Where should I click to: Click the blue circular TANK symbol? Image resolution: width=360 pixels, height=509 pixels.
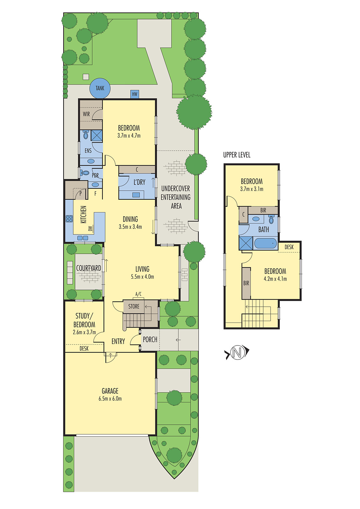point(100,88)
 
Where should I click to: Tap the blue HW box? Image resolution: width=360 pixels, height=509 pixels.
point(135,94)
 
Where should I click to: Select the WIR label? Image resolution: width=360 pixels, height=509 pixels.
point(86,114)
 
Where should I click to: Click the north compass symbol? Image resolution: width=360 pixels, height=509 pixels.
point(236,352)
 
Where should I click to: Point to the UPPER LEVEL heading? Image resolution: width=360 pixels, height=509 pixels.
point(236,155)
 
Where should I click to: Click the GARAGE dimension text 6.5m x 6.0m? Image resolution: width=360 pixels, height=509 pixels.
point(110,399)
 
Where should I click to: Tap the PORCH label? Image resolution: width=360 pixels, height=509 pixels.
point(150,339)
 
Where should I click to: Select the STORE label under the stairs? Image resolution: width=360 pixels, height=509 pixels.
point(134,306)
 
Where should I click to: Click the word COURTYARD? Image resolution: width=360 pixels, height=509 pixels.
point(88,268)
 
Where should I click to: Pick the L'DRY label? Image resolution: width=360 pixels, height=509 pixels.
point(139,182)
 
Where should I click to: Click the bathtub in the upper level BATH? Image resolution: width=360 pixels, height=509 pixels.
point(266,244)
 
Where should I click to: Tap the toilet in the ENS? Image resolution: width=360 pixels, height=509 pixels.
point(85,135)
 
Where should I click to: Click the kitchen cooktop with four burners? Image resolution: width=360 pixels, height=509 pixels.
point(69,219)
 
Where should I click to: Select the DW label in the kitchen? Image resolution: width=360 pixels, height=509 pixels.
point(90,228)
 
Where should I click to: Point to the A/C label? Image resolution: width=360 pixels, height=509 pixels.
point(138,294)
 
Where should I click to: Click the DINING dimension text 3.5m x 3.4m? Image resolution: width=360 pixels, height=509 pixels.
point(130,227)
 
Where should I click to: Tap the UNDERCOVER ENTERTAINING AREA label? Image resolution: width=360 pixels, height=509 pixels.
point(176,197)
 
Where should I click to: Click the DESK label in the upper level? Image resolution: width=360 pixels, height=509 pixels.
point(289,247)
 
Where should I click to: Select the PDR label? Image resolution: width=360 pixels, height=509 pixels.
point(95,175)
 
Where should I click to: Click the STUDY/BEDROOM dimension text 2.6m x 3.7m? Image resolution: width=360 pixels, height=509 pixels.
point(84,332)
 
